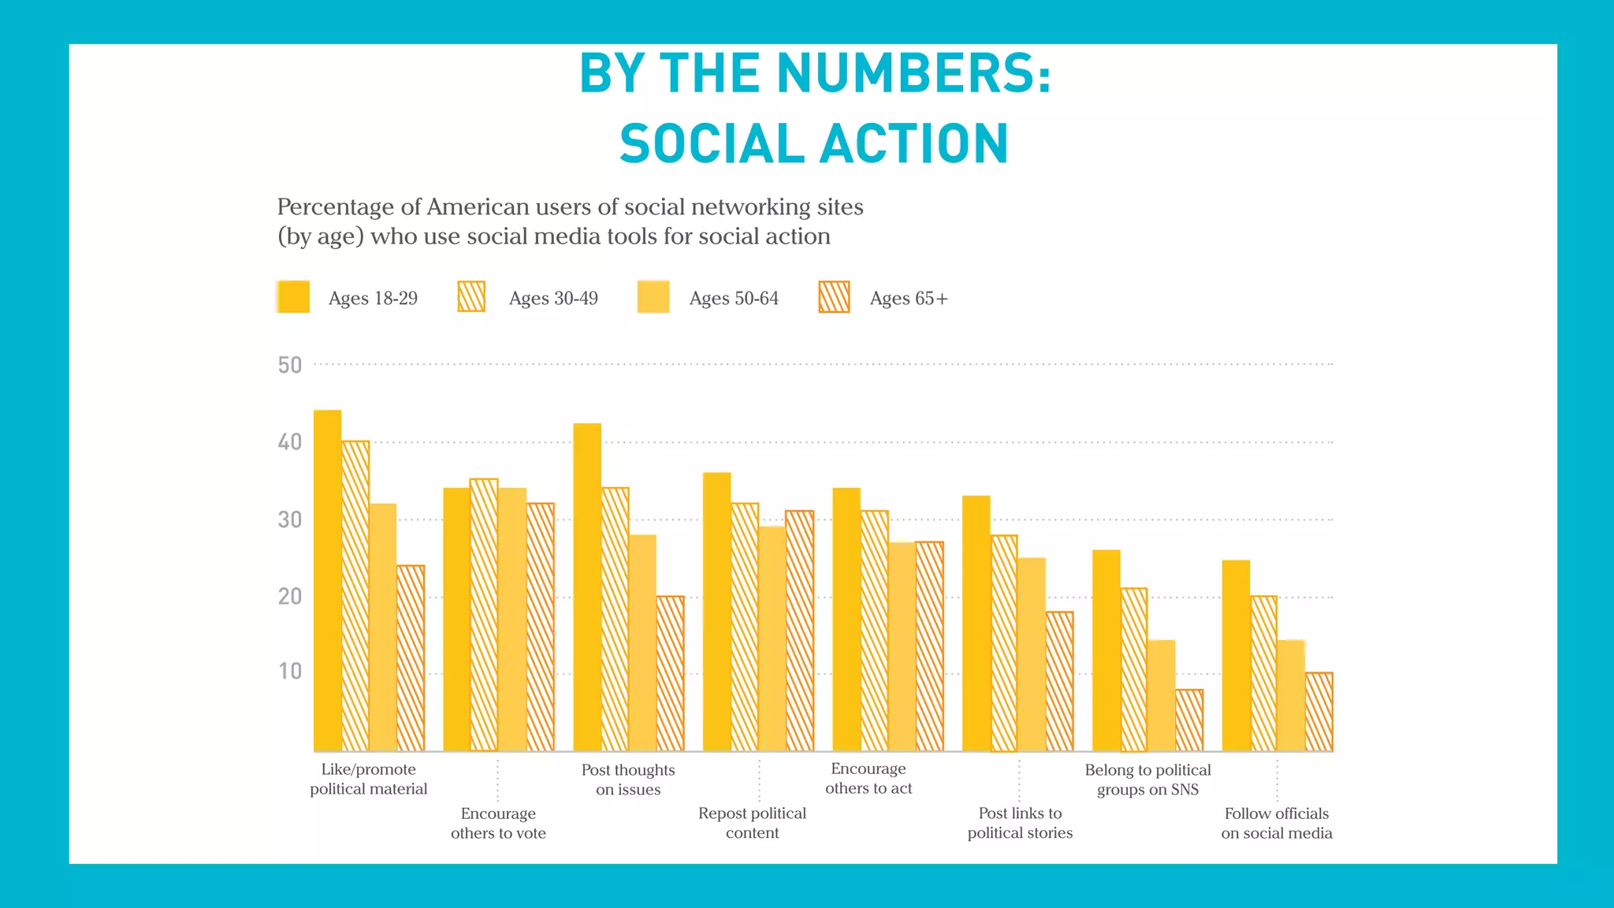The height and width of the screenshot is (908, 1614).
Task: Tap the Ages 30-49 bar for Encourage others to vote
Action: coord(484,615)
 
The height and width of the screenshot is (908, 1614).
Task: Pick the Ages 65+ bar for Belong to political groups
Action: coord(1189,720)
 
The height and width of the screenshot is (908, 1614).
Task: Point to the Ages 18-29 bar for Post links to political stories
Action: coord(976,623)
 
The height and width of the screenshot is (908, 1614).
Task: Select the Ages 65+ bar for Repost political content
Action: coord(799,631)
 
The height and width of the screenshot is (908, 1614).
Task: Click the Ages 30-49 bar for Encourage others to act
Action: coord(874,631)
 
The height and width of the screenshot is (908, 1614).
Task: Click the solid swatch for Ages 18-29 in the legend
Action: coord(293,297)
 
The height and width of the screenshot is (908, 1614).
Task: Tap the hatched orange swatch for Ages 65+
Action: coord(834,297)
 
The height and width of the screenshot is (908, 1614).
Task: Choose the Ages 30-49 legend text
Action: coord(553,299)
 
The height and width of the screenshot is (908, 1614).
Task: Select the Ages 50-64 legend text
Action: coord(734,299)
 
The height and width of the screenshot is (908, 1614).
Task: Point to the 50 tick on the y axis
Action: coord(290,365)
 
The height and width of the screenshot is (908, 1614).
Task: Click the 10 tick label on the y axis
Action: coord(290,672)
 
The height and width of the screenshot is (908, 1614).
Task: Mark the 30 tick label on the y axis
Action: coord(290,520)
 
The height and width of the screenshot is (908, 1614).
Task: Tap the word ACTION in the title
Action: coord(914,144)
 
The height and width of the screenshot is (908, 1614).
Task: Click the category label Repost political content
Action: coord(752,823)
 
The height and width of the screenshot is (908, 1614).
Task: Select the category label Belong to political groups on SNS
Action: coord(1147,780)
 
